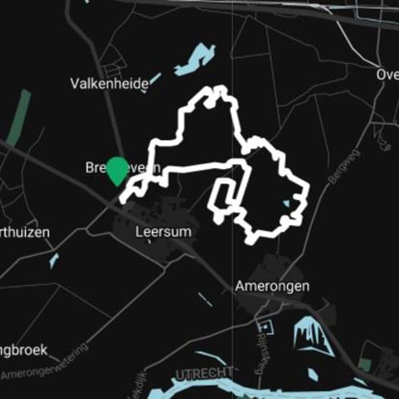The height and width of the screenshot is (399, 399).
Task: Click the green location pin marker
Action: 117,170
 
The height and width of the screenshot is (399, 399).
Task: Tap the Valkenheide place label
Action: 109,83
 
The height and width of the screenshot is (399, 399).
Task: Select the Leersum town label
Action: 163,232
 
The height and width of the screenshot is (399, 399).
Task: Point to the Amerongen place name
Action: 272,286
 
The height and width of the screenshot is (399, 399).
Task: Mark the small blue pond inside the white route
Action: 285,203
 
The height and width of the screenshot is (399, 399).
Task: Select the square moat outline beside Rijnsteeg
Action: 265,327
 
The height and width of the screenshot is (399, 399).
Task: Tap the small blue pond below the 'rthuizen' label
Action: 54,260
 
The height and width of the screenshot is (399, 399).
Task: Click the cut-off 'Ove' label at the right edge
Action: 388,75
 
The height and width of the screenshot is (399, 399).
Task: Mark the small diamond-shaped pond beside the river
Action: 312,374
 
